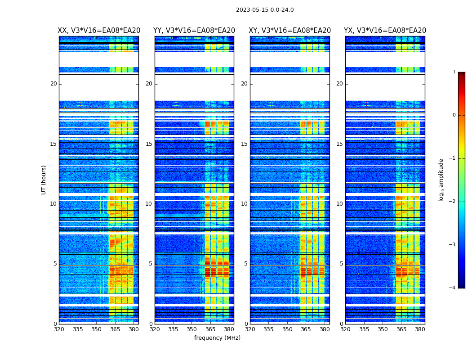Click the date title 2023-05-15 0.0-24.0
coord(265,10)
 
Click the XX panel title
coord(99,31)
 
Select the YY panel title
coord(194,31)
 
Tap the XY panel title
coord(290,31)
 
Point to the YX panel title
coord(385,31)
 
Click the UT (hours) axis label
coord(44,180)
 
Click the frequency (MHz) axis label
coord(217,338)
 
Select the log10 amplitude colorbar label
coord(441,180)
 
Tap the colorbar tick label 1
coord(454,72)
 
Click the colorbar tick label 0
coord(454,115)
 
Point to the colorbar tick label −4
coord(453,288)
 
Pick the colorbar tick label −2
coord(453,202)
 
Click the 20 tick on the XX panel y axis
coord(53,84)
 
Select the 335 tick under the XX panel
coord(78,329)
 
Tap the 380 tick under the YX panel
coord(420,329)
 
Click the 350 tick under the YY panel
coord(192,329)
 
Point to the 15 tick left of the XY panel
coord(244,144)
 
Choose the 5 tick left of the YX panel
coord(341,264)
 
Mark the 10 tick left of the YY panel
coord(149,204)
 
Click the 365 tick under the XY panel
coord(306,329)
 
